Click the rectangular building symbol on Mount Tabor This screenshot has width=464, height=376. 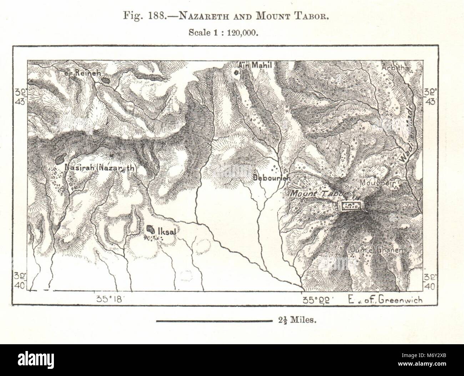[x=350, y=206]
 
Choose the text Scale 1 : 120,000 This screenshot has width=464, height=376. [x=223, y=31]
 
